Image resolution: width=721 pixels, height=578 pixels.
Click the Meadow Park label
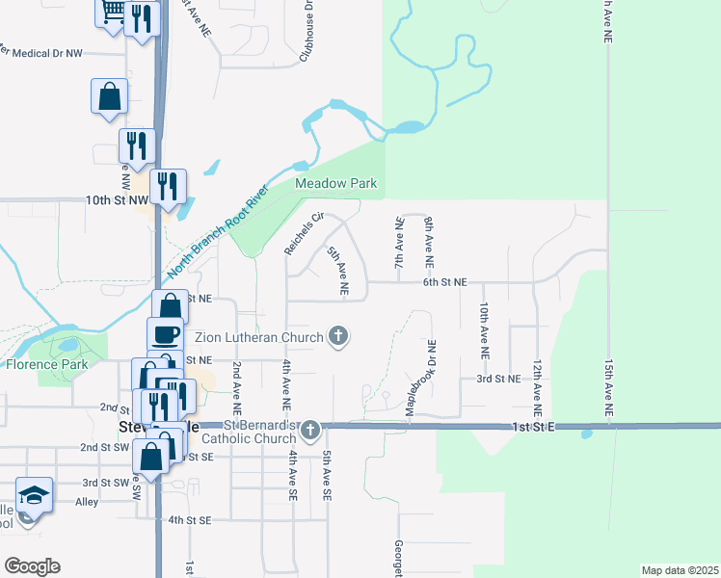[335, 183]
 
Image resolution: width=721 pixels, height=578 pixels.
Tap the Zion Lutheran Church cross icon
[337, 336]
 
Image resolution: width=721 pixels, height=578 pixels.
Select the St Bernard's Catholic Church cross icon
[309, 430]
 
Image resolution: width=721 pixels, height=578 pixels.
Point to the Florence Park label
[46, 364]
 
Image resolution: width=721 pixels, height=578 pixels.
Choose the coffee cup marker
[165, 334]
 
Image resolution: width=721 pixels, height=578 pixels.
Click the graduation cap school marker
[34, 496]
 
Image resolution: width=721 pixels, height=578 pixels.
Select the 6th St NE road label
[444, 282]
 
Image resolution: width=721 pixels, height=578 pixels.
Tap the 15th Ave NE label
[608, 388]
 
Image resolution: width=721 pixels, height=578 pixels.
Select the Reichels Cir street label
[302, 234]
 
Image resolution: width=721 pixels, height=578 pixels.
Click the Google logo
[32, 566]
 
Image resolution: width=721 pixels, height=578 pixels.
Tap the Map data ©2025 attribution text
[680, 570]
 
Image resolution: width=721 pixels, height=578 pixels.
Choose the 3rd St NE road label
[498, 379]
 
